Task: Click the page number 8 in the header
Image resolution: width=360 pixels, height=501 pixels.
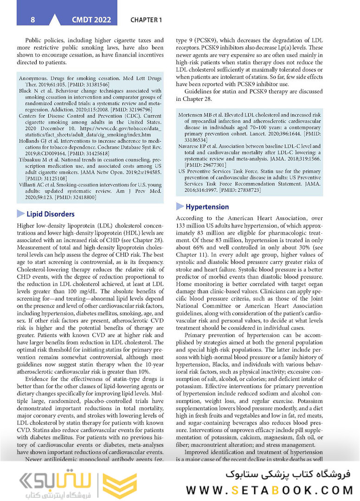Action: tap(32, 20)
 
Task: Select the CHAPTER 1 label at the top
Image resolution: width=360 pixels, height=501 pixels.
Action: tap(146, 20)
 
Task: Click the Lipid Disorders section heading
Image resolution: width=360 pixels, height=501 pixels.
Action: tap(51, 214)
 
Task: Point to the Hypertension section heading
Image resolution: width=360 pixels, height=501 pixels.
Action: tap(207, 207)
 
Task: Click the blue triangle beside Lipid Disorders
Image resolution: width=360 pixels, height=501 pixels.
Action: tap(21, 214)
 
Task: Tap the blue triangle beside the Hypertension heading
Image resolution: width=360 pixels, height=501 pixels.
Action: tap(180, 207)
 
